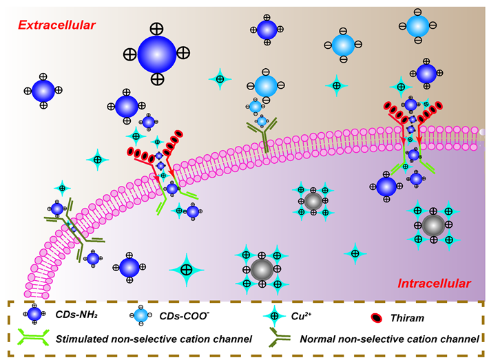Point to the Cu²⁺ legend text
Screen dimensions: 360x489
[x=304, y=315]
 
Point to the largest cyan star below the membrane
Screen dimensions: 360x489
[x=186, y=269]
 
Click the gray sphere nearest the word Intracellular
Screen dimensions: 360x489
[x=433, y=224]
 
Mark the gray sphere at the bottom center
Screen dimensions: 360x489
[x=261, y=267]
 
